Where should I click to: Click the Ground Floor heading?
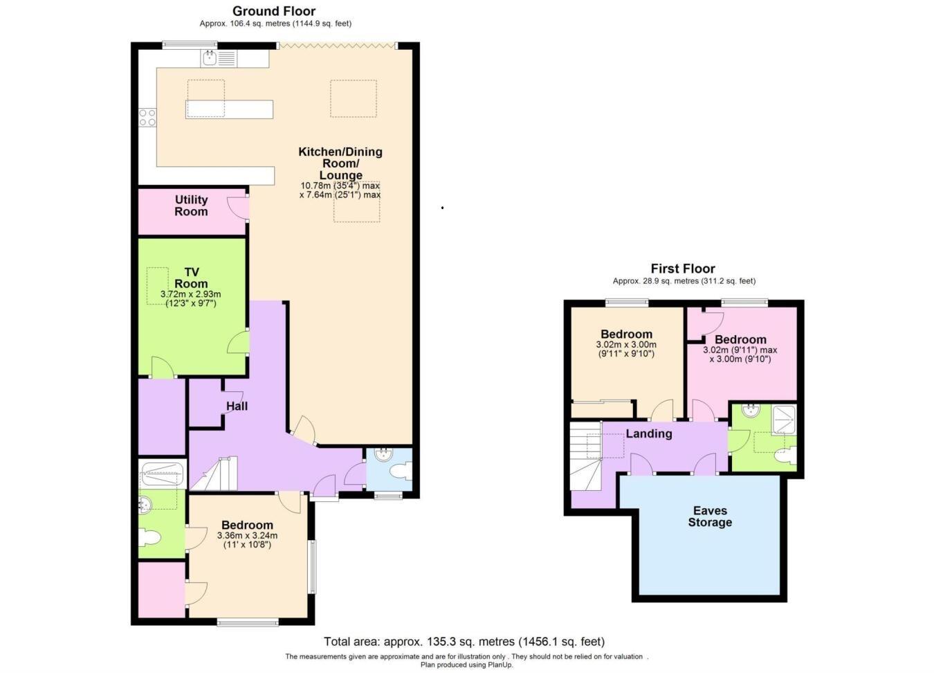pyautogui.click(x=274, y=11)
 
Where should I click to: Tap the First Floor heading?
pyautogui.click(x=682, y=269)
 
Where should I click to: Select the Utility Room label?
pyautogui.click(x=191, y=206)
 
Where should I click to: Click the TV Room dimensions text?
pyautogui.click(x=190, y=298)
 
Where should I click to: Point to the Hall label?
pyautogui.click(x=237, y=406)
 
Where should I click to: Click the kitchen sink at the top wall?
pyautogui.click(x=219, y=58)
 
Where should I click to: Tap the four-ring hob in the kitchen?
pyautogui.click(x=147, y=118)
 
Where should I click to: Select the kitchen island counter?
pyautogui.click(x=229, y=109)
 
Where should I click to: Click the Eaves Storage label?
pyautogui.click(x=710, y=517)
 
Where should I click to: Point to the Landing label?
pyautogui.click(x=648, y=433)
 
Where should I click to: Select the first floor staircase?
pyautogui.click(x=585, y=457)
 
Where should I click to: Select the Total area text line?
pyautogui.click(x=464, y=642)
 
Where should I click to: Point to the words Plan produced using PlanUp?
pyautogui.click(x=466, y=665)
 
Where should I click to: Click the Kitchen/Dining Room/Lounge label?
pyautogui.click(x=340, y=163)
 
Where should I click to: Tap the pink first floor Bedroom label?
pyautogui.click(x=740, y=339)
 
